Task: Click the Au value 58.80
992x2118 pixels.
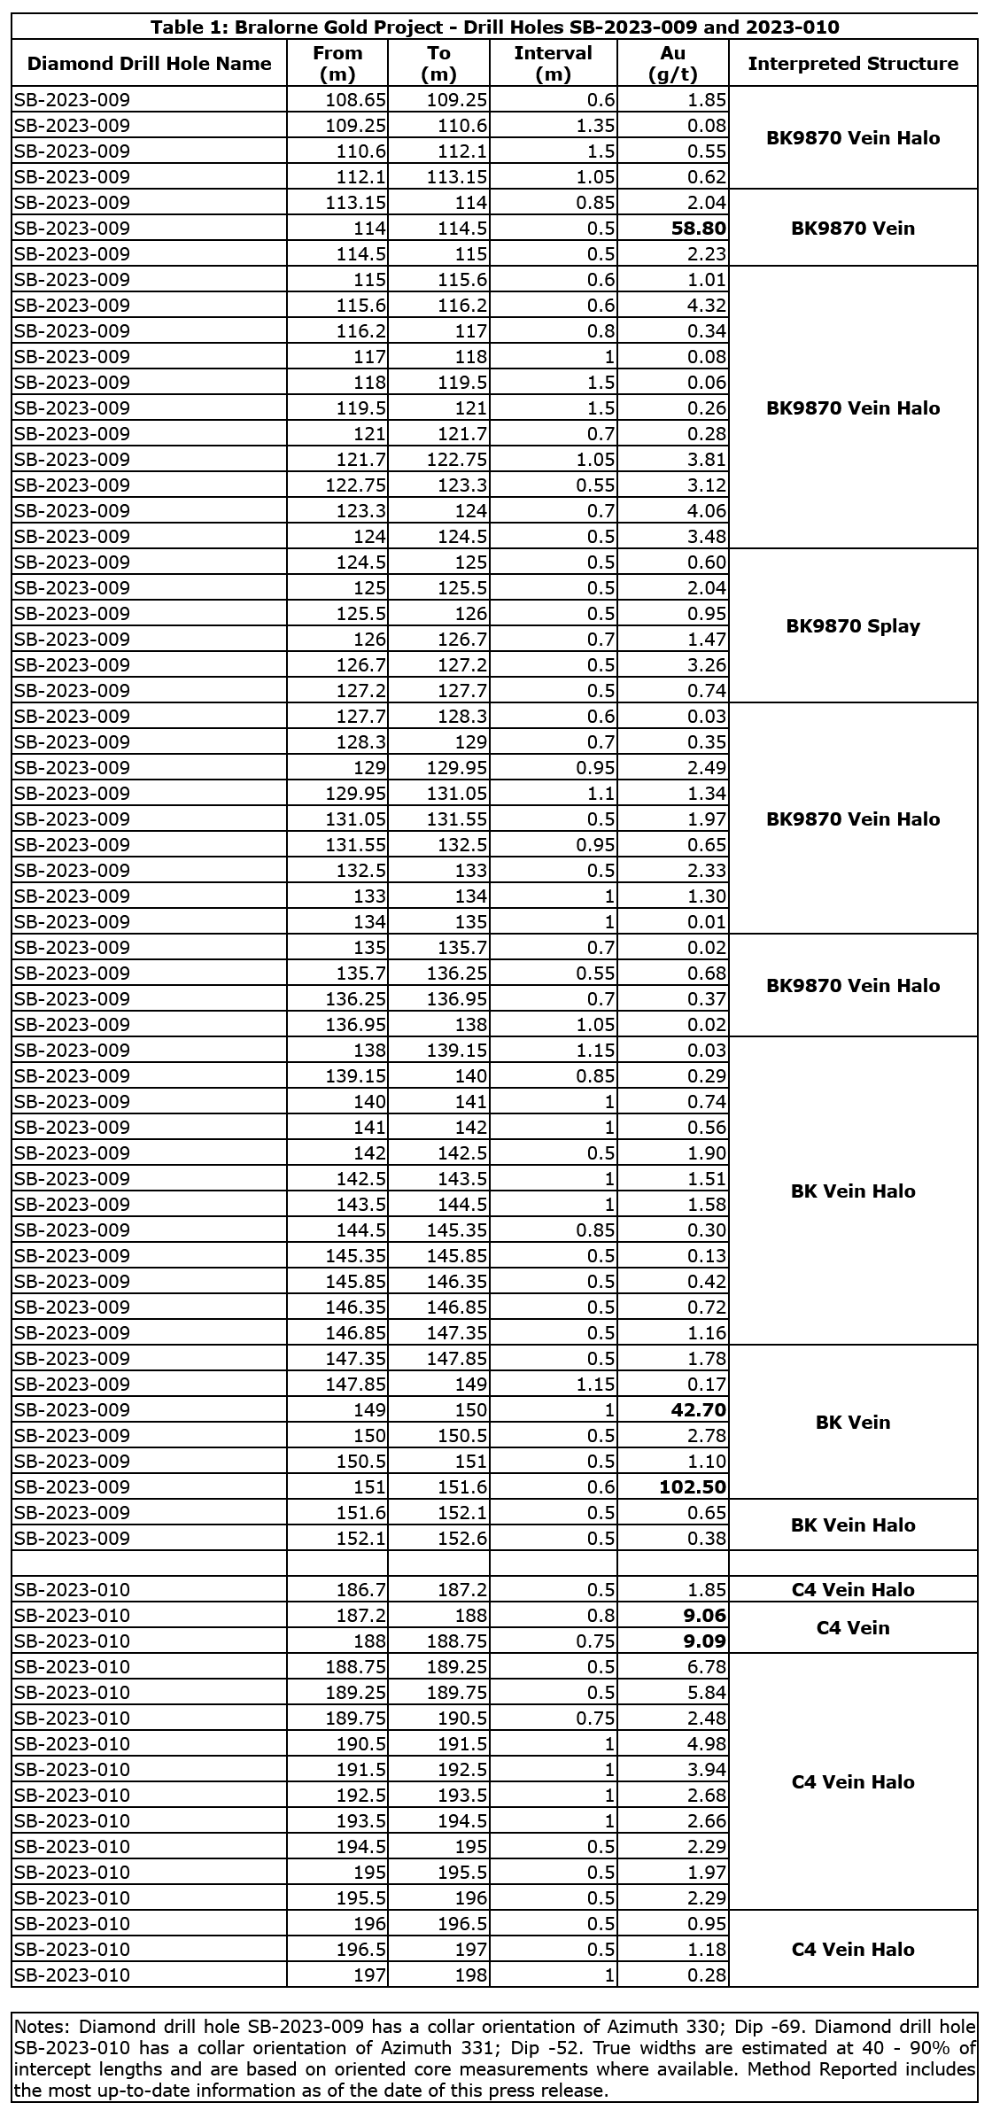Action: coord(698,229)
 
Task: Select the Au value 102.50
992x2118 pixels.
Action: coord(693,1487)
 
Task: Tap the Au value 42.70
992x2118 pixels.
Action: coord(698,1410)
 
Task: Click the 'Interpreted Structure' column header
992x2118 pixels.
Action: coord(852,64)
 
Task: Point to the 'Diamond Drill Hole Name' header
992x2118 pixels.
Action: coord(150,64)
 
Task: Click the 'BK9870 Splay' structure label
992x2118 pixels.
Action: coord(852,626)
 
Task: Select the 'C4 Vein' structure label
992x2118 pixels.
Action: coord(852,1628)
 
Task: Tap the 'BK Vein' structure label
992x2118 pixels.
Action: coord(852,1423)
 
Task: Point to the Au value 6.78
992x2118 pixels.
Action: coord(707,1667)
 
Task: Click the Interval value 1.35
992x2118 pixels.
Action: coord(595,126)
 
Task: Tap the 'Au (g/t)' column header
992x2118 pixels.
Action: coord(672,64)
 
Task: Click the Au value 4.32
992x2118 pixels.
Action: coord(707,306)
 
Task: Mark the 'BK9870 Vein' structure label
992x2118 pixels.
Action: coord(852,229)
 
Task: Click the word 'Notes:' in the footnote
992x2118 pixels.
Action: coord(44,2027)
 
